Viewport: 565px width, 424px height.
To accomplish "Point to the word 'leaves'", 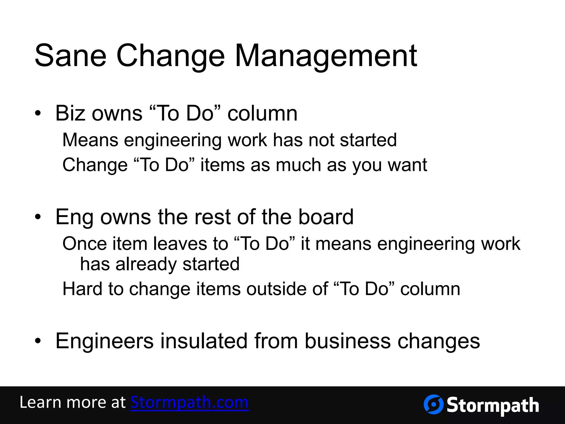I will point(180,244).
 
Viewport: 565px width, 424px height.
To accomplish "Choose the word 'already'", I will point(146,264).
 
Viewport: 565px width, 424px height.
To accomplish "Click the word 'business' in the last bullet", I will point(348,341).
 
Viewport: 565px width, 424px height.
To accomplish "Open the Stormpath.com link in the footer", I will point(189,402).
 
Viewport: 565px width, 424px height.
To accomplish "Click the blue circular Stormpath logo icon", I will point(433,404).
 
